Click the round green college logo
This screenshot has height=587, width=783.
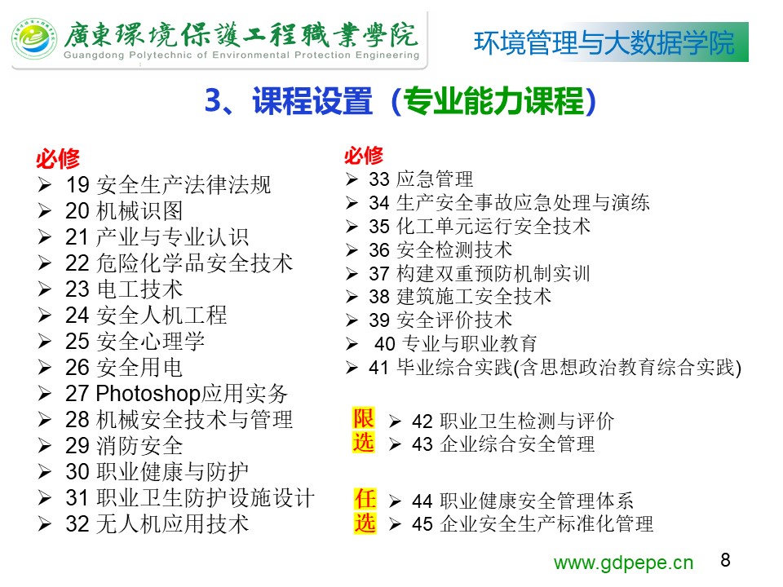(x=34, y=39)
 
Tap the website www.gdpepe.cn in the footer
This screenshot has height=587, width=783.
(x=623, y=563)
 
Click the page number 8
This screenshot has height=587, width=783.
(x=726, y=559)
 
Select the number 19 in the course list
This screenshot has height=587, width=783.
(x=77, y=185)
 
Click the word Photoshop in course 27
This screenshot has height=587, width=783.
(x=148, y=393)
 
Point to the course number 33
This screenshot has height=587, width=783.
(x=379, y=179)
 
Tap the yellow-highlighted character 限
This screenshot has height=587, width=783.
(x=364, y=418)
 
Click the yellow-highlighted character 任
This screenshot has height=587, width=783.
(x=365, y=499)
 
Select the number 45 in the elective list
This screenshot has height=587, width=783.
(x=422, y=524)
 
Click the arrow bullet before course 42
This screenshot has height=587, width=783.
(x=395, y=421)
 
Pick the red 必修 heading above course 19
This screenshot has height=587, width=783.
(x=58, y=159)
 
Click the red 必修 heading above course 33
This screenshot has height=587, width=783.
(x=364, y=155)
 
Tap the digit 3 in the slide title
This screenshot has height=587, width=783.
(x=213, y=100)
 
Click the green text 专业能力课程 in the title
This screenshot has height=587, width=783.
(x=493, y=100)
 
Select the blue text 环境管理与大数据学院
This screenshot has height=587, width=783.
(x=604, y=42)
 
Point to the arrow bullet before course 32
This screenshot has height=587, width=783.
(x=44, y=524)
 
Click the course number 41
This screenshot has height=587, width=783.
(x=379, y=368)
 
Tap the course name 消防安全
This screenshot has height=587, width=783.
(x=139, y=446)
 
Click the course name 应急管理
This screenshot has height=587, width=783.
(x=435, y=179)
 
